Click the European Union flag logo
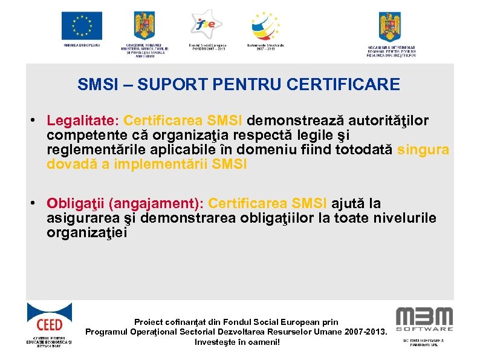tap(82, 26)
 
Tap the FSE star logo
tap(205, 24)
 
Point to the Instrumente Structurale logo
tap(266, 26)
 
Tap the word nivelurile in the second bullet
tap(401, 218)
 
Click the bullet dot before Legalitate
tap(36, 120)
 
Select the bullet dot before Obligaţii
tap(36, 203)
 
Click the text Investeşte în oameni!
tap(238, 342)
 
